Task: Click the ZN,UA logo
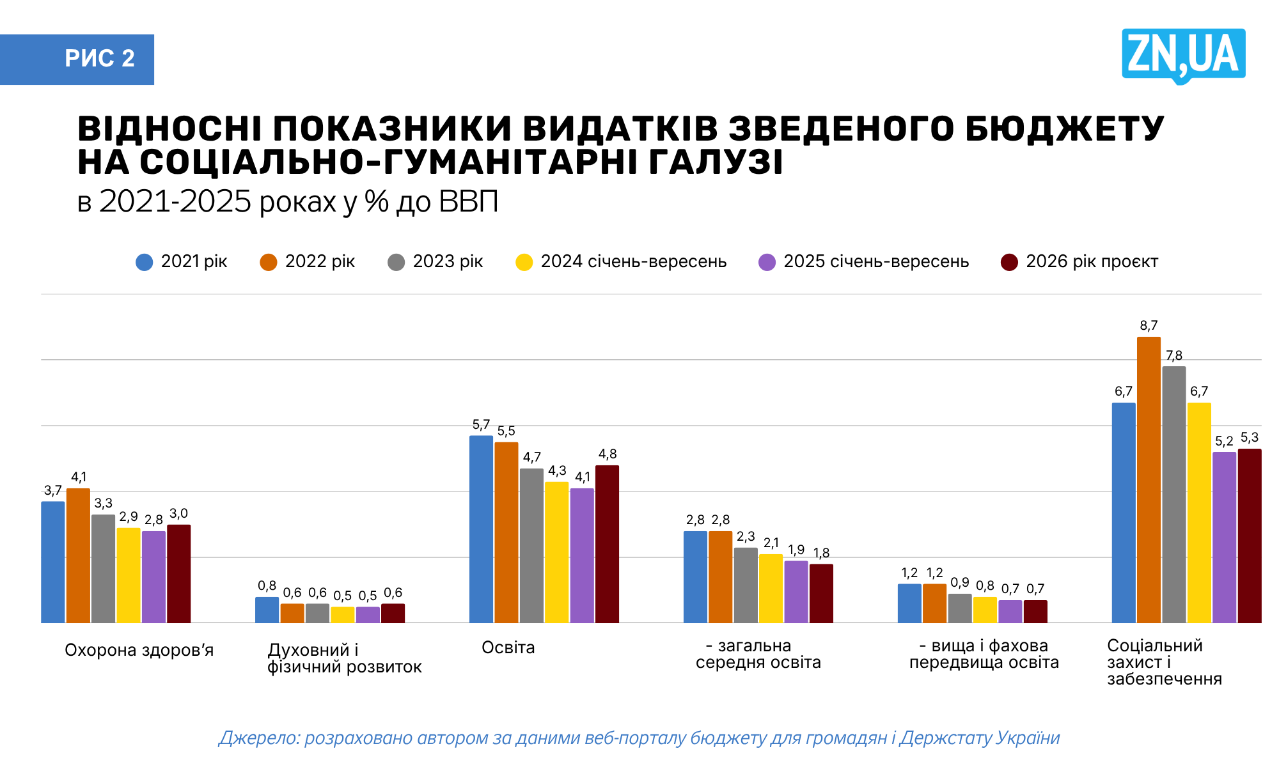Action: click(x=1183, y=55)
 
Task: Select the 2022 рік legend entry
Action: click(x=308, y=262)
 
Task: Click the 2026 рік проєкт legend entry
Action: click(x=1079, y=262)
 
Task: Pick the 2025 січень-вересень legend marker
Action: click(x=767, y=262)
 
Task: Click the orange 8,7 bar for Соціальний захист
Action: click(x=1149, y=479)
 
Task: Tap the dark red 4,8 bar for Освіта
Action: click(x=607, y=544)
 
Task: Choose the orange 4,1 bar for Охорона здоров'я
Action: click(x=78, y=555)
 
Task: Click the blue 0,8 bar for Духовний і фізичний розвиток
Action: click(x=267, y=610)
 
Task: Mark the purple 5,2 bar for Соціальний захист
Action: click(x=1224, y=537)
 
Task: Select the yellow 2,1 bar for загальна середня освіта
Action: click(x=771, y=588)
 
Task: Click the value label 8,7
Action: click(x=1149, y=326)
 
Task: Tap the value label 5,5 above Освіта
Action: click(x=506, y=431)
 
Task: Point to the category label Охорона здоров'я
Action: click(x=139, y=651)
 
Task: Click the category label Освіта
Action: click(x=508, y=647)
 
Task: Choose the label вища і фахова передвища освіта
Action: click(x=984, y=655)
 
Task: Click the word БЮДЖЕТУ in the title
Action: click(x=1064, y=128)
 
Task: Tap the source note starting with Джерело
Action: click(x=639, y=738)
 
